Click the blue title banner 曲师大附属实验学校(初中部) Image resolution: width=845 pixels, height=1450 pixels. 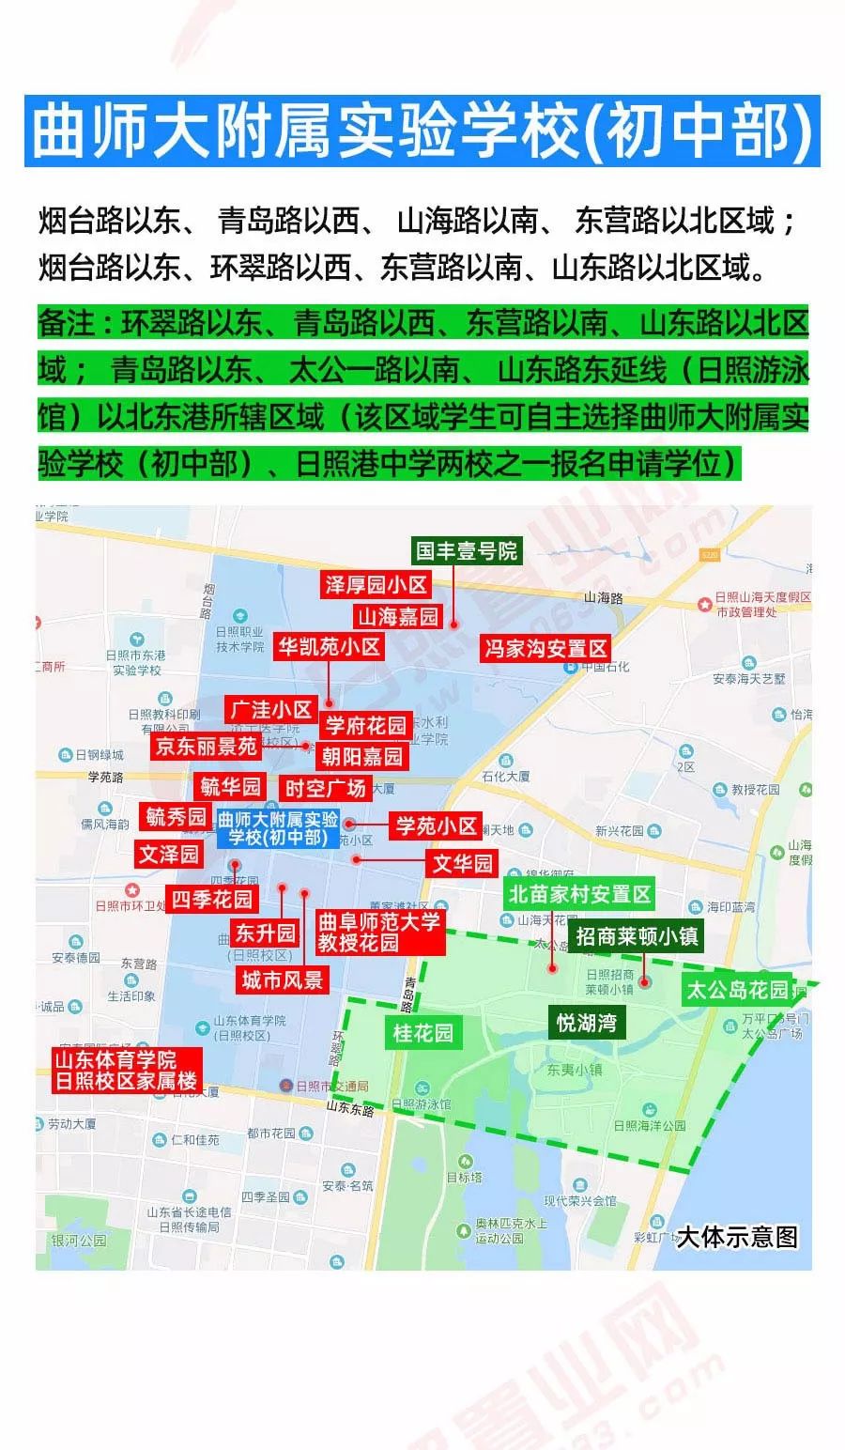(x=422, y=131)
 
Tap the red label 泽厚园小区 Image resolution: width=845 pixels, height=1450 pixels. (x=376, y=585)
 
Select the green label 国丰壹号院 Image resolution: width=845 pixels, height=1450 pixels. (x=467, y=551)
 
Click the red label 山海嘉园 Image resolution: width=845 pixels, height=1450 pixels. (x=398, y=616)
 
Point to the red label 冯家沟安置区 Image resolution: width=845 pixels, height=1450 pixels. (x=545, y=648)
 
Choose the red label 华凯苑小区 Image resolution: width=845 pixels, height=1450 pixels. (x=329, y=646)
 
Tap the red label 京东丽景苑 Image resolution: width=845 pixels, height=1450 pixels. (x=206, y=747)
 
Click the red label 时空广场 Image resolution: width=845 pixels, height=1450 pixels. (x=325, y=788)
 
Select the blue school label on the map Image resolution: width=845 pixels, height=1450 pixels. (x=277, y=828)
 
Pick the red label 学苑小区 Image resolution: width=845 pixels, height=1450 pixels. (x=437, y=826)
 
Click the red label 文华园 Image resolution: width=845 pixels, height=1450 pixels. (x=462, y=863)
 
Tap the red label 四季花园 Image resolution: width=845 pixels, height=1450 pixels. (x=211, y=899)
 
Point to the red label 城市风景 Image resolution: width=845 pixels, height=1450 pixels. (x=282, y=980)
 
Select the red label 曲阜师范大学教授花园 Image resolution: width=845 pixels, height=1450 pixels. (x=378, y=932)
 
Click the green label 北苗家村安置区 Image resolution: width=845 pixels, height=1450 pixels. (x=579, y=894)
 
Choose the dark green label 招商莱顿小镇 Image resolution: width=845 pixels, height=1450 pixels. (x=638, y=936)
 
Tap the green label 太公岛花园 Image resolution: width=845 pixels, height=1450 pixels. (x=737, y=990)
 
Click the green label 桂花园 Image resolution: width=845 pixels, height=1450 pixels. (x=422, y=1033)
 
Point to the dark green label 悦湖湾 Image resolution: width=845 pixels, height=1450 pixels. (x=586, y=1022)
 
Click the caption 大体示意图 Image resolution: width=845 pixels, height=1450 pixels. (x=737, y=1237)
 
